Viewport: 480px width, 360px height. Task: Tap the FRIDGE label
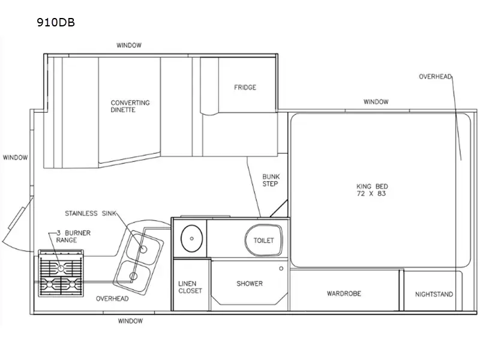tap(245, 88)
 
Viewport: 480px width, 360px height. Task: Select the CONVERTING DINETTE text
tap(130, 106)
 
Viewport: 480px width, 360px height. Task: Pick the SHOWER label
tap(249, 284)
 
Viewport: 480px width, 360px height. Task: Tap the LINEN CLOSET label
tap(190, 287)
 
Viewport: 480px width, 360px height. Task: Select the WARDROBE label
tap(344, 294)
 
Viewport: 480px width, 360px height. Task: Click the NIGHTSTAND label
tap(434, 295)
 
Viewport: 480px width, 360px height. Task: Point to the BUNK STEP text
tap(270, 180)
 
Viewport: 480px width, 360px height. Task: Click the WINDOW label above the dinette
tap(128, 46)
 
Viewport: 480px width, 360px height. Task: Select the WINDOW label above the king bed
tap(376, 102)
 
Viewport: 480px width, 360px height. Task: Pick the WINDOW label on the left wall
tap(15, 158)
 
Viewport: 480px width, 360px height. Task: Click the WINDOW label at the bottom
tap(130, 321)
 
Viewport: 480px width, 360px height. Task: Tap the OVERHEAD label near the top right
tap(434, 77)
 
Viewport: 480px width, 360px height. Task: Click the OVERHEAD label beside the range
tap(112, 298)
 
